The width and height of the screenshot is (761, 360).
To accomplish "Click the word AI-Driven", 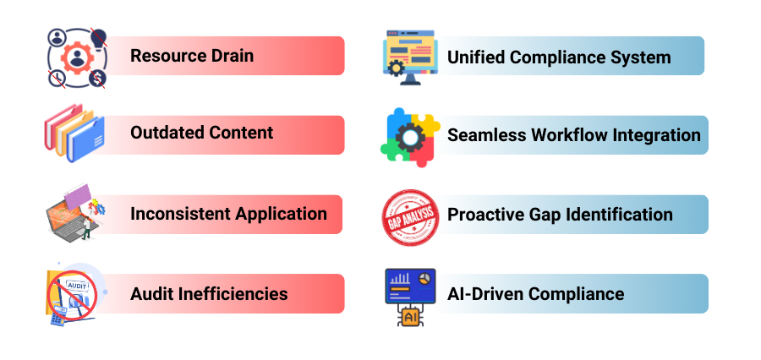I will (483, 294).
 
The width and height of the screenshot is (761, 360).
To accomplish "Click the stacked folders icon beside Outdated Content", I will (74, 133).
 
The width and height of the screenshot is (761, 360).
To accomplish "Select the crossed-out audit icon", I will (72, 293).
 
